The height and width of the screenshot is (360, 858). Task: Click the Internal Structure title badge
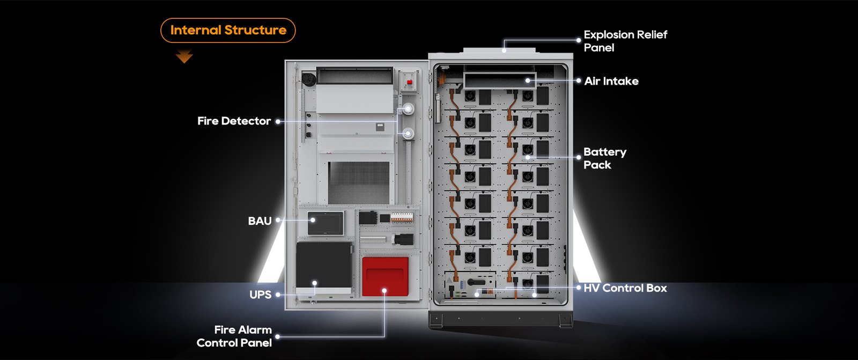pos(228,30)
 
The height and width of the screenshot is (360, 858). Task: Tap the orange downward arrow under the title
pos(184,56)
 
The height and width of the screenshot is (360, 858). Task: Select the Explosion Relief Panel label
pos(625,41)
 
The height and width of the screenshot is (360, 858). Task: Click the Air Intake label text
pos(611,81)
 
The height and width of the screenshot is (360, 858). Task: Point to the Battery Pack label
pos(605,158)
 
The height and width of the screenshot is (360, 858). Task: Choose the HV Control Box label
pos(625,288)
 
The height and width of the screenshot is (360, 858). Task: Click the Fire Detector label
pos(234,121)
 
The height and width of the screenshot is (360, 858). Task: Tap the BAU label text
pos(260,221)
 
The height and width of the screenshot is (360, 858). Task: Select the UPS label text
pos(261,295)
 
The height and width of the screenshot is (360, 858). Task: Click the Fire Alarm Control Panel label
pos(234,336)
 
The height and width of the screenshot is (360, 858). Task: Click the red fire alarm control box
pos(386,276)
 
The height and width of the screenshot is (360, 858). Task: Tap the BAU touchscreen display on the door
pos(326,223)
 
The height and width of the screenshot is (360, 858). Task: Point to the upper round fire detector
pos(408,109)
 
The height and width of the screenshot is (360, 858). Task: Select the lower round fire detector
pos(408,134)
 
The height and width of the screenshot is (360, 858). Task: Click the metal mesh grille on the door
pos(359,182)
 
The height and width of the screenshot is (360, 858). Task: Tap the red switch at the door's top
pos(410,82)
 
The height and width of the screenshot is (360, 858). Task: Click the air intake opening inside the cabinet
pos(500,81)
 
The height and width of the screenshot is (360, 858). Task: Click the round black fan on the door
pos(309,79)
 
